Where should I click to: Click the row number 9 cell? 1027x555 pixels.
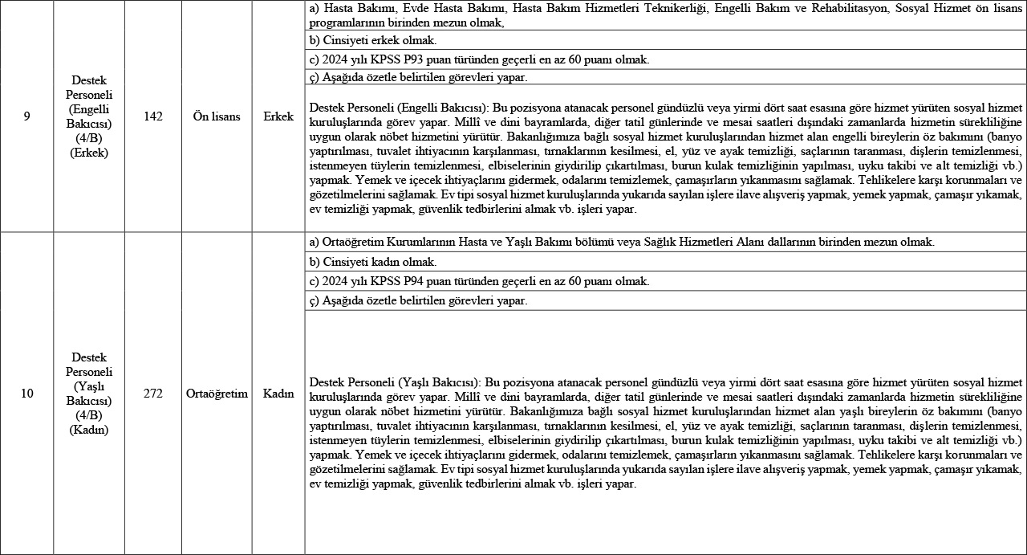pyautogui.click(x=26, y=116)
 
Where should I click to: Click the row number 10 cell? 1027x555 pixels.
pyautogui.click(x=26, y=394)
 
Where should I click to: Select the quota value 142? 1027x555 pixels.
pyautogui.click(x=152, y=116)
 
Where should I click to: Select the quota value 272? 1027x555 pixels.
pyautogui.click(x=152, y=394)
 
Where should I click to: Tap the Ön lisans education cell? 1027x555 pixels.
pyautogui.click(x=217, y=116)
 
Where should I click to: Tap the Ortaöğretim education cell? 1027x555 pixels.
pyautogui.click(x=217, y=394)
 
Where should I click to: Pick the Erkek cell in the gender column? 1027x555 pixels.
pyautogui.click(x=278, y=116)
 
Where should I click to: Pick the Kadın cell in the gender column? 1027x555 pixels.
pyautogui.click(x=278, y=394)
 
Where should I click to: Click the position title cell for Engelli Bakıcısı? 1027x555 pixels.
pyautogui.click(x=88, y=116)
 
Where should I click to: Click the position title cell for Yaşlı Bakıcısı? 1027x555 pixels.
pyautogui.click(x=88, y=394)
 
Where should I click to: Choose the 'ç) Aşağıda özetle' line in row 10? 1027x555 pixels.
pyautogui.click(x=418, y=300)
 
